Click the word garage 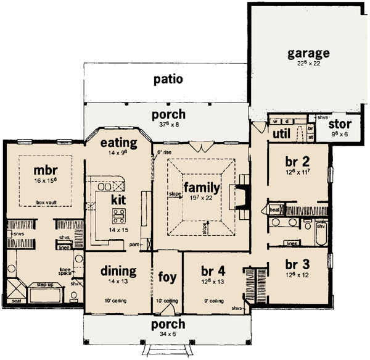[x=308, y=52]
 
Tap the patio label [x=168, y=79]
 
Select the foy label [x=167, y=276]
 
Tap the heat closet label [x=274, y=210]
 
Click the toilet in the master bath [x=75, y=297]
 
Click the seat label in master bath [x=16, y=301]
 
